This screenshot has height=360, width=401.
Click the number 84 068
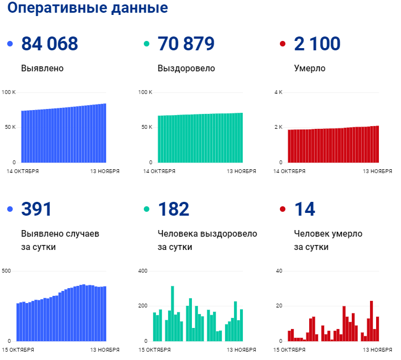click(x=49, y=44)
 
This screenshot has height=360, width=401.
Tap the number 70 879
click(x=186, y=44)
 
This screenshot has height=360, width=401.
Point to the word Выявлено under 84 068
click(x=42, y=69)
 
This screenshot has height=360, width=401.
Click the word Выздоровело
click(x=186, y=69)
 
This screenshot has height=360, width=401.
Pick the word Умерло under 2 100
click(x=310, y=69)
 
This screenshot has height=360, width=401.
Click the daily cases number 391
click(x=36, y=209)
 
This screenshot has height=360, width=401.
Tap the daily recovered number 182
click(x=173, y=209)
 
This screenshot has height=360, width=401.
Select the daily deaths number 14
click(x=305, y=209)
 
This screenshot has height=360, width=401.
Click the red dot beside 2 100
click(x=283, y=44)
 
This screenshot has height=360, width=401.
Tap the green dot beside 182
click(x=147, y=210)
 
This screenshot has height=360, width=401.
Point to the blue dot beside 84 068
click(x=10, y=44)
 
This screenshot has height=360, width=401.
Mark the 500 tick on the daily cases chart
click(x=7, y=271)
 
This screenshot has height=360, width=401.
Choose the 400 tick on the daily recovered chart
click(x=143, y=271)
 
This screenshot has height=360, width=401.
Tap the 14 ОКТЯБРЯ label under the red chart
click(x=290, y=171)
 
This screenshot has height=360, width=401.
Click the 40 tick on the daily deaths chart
click(x=279, y=271)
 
